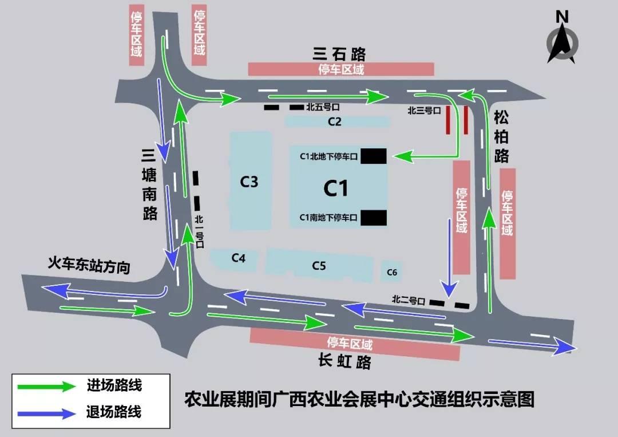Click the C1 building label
click(336, 188)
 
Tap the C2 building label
click(335, 121)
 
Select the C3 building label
click(249, 182)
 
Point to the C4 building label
click(239, 258)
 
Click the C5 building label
click(319, 266)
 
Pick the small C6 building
click(392, 272)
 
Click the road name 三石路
click(339, 54)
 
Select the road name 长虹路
click(344, 361)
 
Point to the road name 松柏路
click(501, 137)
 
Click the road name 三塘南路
click(149, 184)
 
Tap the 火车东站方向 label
click(89, 266)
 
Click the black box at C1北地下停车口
click(374, 156)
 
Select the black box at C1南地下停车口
click(374, 218)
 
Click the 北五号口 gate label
click(323, 107)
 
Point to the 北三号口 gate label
click(423, 111)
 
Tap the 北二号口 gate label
click(409, 299)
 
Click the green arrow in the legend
click(46, 386)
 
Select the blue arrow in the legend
click(46, 412)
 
